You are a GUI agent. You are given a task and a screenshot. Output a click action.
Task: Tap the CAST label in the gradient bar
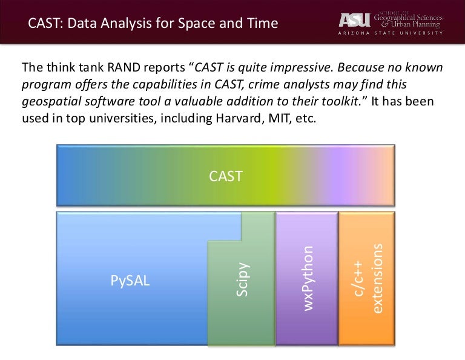click(x=225, y=176)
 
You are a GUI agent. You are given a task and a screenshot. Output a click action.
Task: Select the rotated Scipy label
click(x=241, y=279)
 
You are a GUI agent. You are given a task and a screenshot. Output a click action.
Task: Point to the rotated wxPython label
click(x=308, y=278)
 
